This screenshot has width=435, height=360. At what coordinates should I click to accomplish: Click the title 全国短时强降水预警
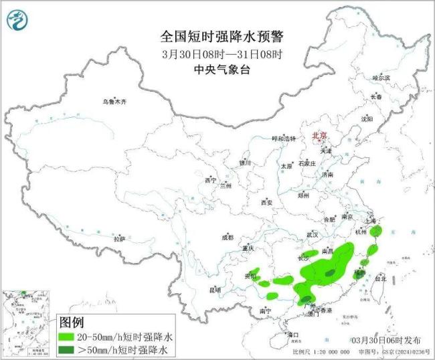coord(217,35)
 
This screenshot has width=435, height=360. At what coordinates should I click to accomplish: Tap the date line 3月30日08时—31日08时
coord(217,54)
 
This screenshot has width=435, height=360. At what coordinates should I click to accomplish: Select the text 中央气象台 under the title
coord(217,69)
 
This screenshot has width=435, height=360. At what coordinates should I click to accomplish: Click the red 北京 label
coord(319,136)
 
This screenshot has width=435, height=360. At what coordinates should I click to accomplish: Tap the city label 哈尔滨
coord(381,78)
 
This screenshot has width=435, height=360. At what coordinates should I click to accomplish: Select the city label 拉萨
coord(119,238)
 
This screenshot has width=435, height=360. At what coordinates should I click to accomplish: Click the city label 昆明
coord(214,289)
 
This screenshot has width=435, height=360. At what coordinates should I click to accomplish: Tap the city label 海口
coord(292,333)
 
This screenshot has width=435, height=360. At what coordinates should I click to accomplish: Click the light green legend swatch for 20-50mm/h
coord(68,337)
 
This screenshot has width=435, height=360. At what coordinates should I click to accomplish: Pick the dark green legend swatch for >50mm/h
coord(68,349)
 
